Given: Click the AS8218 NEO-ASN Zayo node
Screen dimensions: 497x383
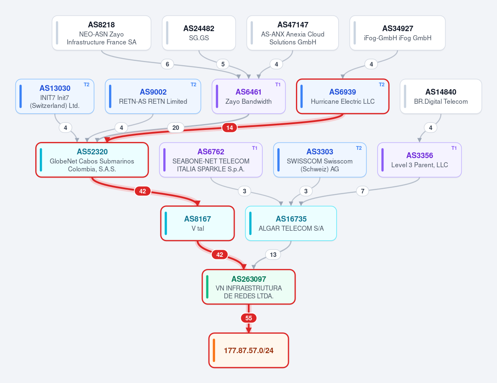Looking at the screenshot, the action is click(102, 33).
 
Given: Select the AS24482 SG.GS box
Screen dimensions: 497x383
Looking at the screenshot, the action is click(199, 33).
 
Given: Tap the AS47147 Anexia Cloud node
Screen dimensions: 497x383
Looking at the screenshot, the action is click(293, 33).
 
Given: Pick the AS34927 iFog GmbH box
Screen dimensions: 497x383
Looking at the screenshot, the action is click(398, 33).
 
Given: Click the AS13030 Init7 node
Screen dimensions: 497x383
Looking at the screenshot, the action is click(55, 96).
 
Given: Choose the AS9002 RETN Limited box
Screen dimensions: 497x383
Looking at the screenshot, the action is click(153, 96).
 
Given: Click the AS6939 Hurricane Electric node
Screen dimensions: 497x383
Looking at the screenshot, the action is click(343, 96).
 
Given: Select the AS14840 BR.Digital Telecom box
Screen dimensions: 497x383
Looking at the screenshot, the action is click(441, 96).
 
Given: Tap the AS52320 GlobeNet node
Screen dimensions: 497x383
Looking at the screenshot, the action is click(92, 160).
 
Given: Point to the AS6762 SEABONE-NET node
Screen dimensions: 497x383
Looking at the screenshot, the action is click(211, 160).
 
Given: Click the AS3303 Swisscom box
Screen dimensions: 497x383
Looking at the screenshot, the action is click(320, 160).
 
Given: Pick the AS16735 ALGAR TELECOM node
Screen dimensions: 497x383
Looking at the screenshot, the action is click(291, 223).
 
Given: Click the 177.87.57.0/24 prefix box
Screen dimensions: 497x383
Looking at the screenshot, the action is click(249, 350).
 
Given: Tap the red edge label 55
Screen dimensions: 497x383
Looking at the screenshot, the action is click(249, 318).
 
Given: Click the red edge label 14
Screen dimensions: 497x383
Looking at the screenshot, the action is click(230, 127).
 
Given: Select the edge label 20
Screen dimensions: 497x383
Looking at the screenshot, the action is click(176, 127).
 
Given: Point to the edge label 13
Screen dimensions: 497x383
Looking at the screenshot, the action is click(273, 254).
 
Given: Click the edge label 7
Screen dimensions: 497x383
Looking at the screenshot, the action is click(363, 191).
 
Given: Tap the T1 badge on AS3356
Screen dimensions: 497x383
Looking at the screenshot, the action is click(454, 148).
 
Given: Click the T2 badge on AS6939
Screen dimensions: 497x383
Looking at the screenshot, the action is click(382, 85).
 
